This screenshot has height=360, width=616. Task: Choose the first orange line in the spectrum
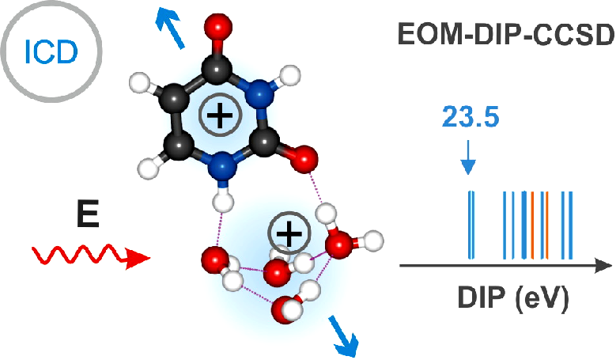533,225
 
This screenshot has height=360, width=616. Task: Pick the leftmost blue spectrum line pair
471,225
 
